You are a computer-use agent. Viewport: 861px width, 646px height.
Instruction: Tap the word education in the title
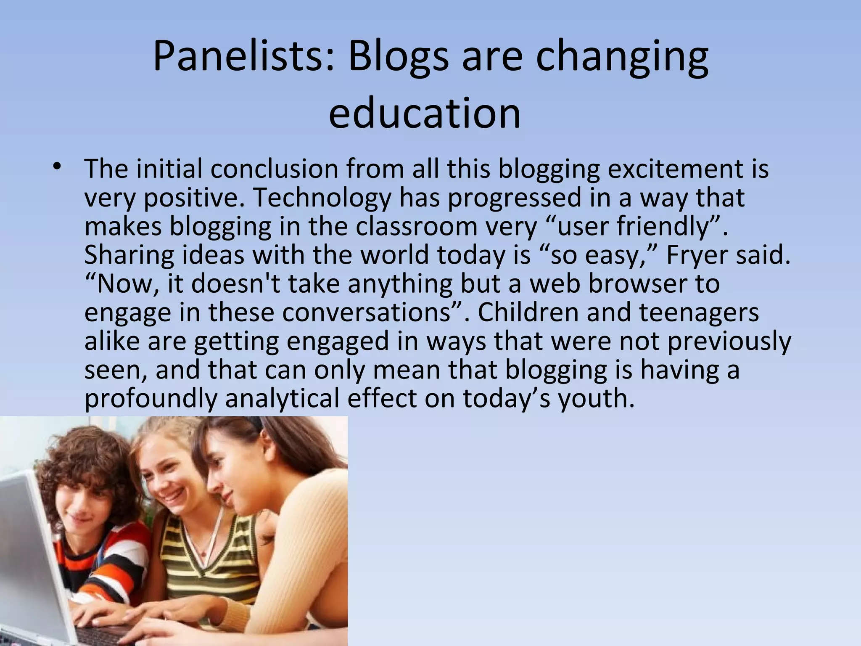click(425, 113)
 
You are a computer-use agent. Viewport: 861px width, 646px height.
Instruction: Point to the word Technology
click(322, 198)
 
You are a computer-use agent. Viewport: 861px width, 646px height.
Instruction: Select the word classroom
click(416, 227)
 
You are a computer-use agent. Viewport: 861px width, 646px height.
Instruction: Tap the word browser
click(637, 284)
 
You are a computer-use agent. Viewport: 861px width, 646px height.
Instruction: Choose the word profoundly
click(151, 398)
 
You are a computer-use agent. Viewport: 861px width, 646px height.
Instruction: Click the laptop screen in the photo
click(25, 547)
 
